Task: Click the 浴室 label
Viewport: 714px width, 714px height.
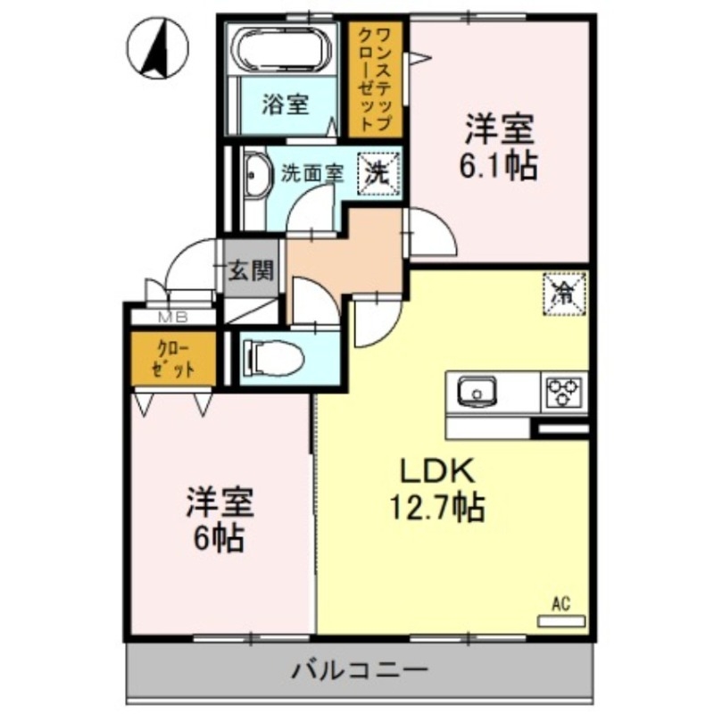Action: point(285,105)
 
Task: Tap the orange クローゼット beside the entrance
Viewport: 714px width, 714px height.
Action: point(173,358)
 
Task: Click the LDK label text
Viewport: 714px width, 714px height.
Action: point(434,471)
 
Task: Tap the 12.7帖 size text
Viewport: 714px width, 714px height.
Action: point(436,509)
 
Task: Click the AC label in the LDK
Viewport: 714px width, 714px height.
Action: point(560,604)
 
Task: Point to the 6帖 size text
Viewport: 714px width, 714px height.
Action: point(220,538)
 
